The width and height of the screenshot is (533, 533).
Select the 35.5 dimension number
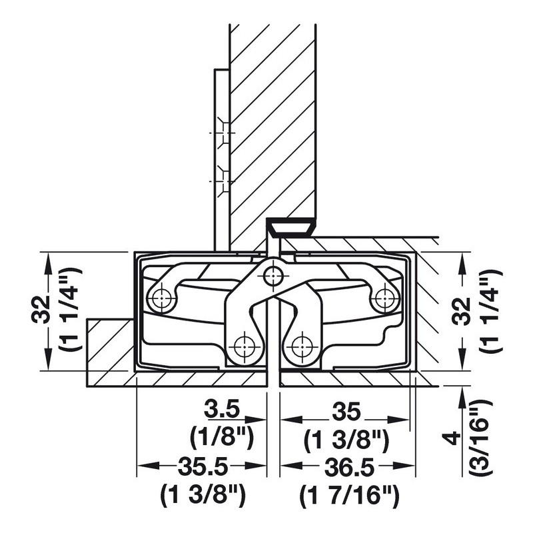(x=203, y=467)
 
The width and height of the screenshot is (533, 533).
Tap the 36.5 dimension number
(x=350, y=467)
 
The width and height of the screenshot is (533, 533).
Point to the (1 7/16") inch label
(x=349, y=496)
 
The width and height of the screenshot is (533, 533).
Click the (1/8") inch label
(x=222, y=438)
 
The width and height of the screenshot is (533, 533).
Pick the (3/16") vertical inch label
(x=480, y=435)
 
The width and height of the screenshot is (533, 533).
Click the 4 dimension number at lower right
(x=454, y=438)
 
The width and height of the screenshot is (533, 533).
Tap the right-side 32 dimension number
(x=462, y=310)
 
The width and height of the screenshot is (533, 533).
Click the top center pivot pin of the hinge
(x=273, y=274)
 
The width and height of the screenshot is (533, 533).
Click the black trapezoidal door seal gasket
(x=291, y=227)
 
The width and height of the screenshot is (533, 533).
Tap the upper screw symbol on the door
(x=223, y=133)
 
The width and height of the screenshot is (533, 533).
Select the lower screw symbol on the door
(x=223, y=181)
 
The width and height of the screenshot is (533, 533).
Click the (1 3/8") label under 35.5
(x=203, y=496)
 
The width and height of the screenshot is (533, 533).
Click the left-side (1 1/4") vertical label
(x=71, y=309)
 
